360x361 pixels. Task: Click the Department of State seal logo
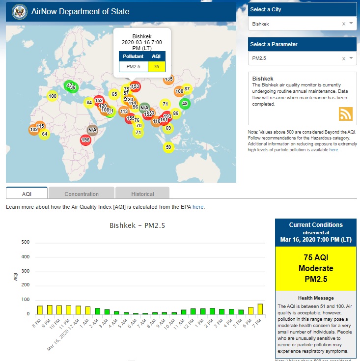point(20,11)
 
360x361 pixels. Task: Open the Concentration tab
point(82,194)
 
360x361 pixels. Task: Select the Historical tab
point(142,194)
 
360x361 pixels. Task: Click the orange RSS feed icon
point(346,113)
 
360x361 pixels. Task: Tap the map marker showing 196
point(85,140)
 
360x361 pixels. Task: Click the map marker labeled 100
point(53,96)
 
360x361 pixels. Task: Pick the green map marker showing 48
point(185,104)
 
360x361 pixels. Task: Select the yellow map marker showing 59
point(168,147)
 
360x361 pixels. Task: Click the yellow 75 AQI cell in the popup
point(156,66)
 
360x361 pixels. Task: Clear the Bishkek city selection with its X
point(344,24)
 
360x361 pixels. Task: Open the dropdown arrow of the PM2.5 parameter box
point(351,58)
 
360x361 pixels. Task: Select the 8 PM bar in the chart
point(40,310)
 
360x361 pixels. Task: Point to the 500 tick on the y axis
point(26,242)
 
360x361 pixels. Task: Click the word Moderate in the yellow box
point(316,268)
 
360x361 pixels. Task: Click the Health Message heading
point(316,298)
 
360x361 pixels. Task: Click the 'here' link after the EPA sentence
point(198,207)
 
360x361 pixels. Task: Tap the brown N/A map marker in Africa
point(92,130)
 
